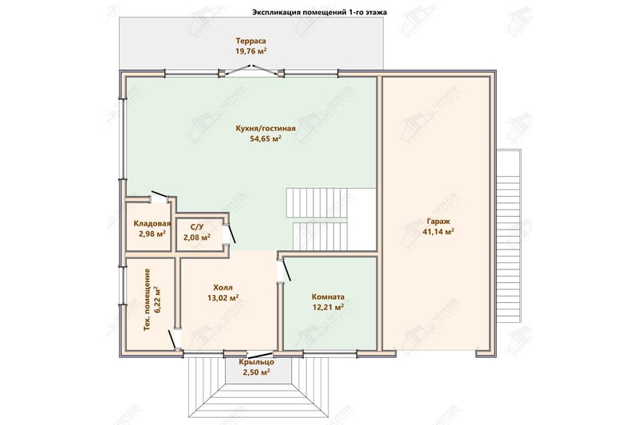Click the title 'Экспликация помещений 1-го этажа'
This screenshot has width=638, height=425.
(320, 12)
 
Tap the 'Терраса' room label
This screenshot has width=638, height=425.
(251, 41)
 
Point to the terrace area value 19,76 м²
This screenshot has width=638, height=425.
(251, 51)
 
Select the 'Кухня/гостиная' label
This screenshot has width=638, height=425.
(266, 128)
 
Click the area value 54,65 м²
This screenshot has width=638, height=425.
(266, 139)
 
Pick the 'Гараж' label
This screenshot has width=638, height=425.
(438, 222)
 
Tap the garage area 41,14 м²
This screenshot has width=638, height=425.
(438, 232)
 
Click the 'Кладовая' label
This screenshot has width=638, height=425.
(152, 224)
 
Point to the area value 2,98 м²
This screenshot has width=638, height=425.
(152, 234)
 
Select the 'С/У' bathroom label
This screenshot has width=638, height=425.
(197, 227)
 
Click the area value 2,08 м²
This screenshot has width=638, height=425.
(197, 237)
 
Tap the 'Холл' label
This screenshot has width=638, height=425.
(223, 288)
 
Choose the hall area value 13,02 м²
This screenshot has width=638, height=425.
(223, 298)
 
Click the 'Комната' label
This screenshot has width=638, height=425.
(328, 297)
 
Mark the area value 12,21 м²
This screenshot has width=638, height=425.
(328, 307)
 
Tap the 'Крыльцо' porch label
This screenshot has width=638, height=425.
(256, 362)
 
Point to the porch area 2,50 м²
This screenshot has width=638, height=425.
(256, 372)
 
